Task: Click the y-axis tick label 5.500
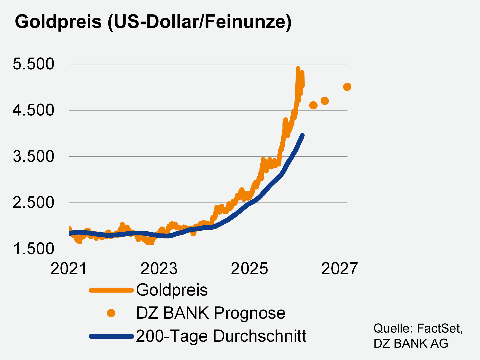[x=33, y=64]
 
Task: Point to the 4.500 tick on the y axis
[x=33, y=110]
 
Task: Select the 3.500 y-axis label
[x=33, y=156]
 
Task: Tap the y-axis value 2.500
[x=33, y=203]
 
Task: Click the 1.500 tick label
[x=33, y=249]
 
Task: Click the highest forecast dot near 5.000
[x=347, y=87]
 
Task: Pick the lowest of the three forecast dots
[x=313, y=105]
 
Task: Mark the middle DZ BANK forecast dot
[x=325, y=101]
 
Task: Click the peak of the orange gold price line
[x=298, y=69]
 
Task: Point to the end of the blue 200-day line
[x=302, y=136]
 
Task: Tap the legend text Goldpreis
[x=172, y=290]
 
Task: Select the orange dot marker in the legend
[x=111, y=313]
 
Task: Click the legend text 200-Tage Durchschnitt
[x=221, y=336]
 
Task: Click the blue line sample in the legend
[x=111, y=336]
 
